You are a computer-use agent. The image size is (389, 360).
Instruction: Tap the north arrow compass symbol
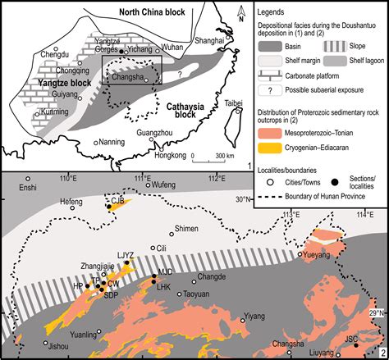pos(239,12)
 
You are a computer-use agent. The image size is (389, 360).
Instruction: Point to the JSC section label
pos(350,337)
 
